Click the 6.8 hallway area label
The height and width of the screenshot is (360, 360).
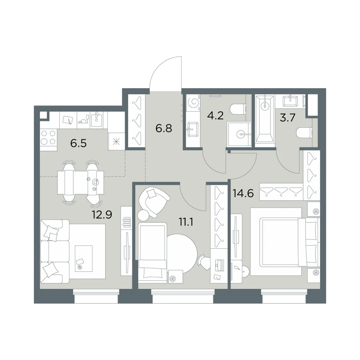point(163,129)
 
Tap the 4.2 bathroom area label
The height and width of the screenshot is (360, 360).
point(215,116)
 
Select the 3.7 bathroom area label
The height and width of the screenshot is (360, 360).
point(287,118)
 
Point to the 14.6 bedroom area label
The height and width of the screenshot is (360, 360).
point(243,193)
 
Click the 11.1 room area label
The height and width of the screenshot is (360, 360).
point(186,222)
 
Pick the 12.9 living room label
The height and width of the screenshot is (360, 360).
point(102,215)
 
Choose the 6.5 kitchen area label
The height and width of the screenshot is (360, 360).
point(78,144)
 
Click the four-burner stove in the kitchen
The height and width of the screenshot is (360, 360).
point(49,137)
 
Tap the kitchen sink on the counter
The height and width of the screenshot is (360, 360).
point(96,120)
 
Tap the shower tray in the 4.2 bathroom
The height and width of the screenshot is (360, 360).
point(239,134)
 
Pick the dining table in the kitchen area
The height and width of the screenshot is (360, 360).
point(80,182)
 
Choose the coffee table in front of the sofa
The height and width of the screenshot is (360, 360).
point(84,258)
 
